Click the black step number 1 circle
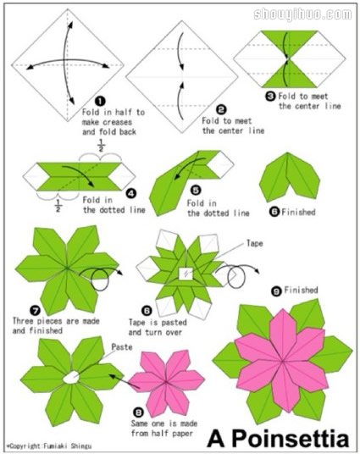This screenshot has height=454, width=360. click(x=100, y=101)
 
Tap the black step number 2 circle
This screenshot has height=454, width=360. click(x=221, y=110)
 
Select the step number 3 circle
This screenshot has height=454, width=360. click(x=270, y=96)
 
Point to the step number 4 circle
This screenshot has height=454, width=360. click(x=131, y=193)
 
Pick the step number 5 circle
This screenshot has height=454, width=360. click(x=196, y=191)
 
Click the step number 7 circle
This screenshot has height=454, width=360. click(x=35, y=311)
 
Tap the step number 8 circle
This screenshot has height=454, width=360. click(x=138, y=412)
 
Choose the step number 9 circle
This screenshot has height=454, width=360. click(x=277, y=291)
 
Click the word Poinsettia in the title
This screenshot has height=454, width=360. click(x=291, y=439)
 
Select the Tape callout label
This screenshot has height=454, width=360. click(x=255, y=243)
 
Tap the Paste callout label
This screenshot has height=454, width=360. click(x=122, y=347)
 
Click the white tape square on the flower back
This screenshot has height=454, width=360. click(x=186, y=274)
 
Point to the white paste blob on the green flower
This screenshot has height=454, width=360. click(x=71, y=378)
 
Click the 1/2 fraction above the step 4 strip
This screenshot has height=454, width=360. click(x=101, y=146)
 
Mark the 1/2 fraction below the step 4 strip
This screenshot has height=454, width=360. click(x=58, y=205)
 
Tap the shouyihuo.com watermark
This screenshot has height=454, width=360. click(x=302, y=14)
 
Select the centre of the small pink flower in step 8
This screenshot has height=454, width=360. click(x=166, y=382)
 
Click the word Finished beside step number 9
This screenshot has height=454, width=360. click(x=301, y=290)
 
